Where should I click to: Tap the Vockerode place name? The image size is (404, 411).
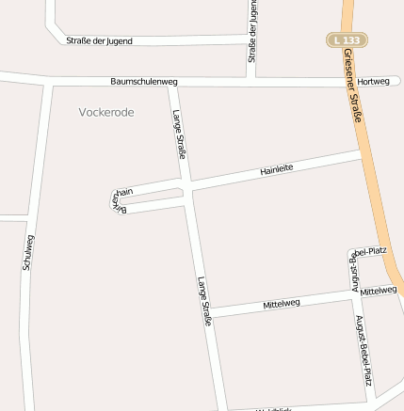click(x=106, y=112)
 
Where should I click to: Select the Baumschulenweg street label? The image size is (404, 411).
click(x=143, y=82)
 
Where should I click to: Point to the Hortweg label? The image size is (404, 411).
click(x=374, y=81)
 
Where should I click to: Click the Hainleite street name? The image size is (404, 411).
click(x=277, y=169)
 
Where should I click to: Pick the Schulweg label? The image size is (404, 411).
click(x=28, y=252)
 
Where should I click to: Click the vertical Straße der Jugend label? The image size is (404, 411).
click(x=252, y=32)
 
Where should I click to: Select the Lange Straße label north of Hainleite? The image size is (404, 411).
click(x=180, y=133)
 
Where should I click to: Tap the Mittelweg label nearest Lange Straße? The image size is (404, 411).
click(x=282, y=304)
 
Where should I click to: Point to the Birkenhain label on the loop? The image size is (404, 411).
click(x=120, y=197)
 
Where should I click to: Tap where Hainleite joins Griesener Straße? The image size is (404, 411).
click(x=364, y=150)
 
